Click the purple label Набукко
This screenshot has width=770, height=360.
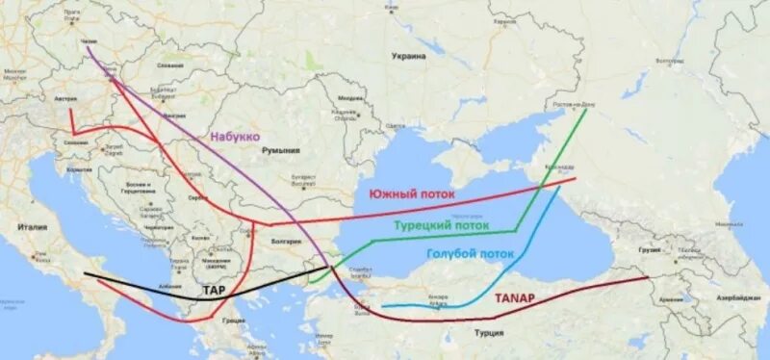pos(235,138)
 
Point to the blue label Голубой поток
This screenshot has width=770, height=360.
pos(470,254)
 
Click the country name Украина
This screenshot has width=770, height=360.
pos(408,57)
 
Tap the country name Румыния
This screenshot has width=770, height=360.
pos(280,150)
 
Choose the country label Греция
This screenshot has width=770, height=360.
pos(231,321)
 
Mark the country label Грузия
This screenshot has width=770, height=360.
pos(652,249)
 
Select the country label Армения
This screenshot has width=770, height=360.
pos(673,300)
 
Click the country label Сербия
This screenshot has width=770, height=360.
pos(197,197)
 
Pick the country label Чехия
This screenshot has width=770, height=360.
pos(90,41)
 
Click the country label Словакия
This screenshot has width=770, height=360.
pos(170,64)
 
